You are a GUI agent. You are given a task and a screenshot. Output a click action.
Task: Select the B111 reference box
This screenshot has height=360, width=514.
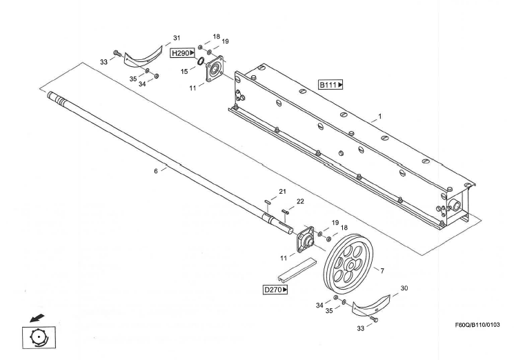[330, 85]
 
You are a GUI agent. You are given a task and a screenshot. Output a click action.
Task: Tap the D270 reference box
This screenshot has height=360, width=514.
[276, 290]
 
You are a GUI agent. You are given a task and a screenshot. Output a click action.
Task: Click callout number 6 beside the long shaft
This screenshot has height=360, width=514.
[157, 170]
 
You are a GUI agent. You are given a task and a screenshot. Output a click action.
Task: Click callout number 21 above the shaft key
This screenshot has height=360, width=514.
[281, 191]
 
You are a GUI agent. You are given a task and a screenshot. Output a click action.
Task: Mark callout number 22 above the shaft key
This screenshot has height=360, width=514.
[300, 201]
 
